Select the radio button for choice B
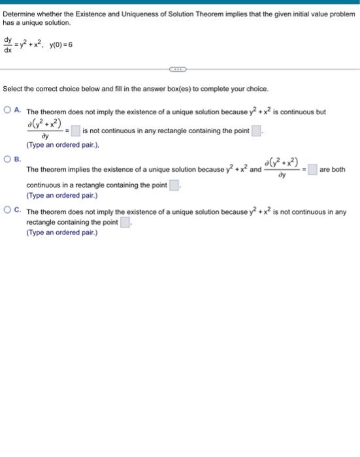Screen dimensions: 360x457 7,158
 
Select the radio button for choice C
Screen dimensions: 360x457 7,210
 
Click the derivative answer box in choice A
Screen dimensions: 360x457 76,131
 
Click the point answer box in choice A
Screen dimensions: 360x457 257,131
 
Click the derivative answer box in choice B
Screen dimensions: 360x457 313,170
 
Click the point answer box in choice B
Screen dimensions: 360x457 174,185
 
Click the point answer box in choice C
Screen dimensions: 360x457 125,223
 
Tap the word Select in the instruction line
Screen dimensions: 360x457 13,89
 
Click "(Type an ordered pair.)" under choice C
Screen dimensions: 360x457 62,232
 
